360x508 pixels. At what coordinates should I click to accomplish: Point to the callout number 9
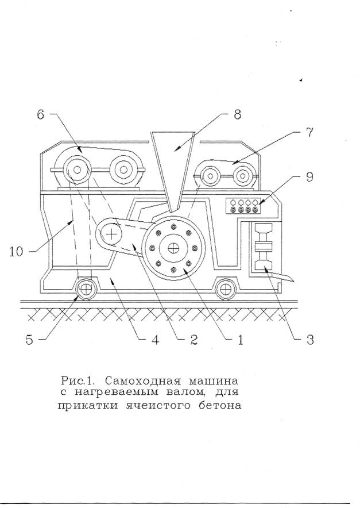pyautogui.click(x=310, y=177)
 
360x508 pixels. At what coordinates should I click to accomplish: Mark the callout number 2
pyautogui.click(x=193, y=339)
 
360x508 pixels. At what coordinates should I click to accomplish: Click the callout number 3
pyautogui.click(x=309, y=339)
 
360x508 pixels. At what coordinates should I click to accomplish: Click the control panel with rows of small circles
pyautogui.click(x=244, y=206)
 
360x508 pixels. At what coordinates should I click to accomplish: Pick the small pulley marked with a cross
pyautogui.click(x=111, y=233)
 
